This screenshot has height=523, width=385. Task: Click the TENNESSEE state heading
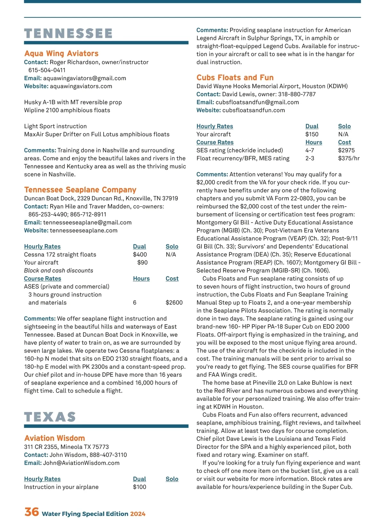[68, 33]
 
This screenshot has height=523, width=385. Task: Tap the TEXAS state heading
[50, 417]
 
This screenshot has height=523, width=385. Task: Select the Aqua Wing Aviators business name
[61, 54]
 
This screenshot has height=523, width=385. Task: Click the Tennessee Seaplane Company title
[80, 190]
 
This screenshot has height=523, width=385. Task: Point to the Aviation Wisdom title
[55, 438]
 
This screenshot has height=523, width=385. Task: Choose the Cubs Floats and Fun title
[235, 78]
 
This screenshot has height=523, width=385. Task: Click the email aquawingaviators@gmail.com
[84, 78]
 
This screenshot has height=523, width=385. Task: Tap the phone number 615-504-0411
[47, 70]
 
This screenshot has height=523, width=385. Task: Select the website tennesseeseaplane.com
[83, 231]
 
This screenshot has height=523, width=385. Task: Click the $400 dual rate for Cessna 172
[140, 255]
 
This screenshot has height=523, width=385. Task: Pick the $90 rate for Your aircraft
[142, 263]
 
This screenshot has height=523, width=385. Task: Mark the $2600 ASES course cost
[174, 303]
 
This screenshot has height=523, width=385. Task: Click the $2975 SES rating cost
[346, 150]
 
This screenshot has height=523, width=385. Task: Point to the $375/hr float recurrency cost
[349, 158]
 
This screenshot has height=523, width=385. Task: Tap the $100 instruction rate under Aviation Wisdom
[140, 487]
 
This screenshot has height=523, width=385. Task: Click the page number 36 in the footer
[31, 512]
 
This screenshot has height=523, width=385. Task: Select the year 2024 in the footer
[138, 514]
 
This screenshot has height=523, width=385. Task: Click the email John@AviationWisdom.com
[81, 463]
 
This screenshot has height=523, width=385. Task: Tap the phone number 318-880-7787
[297, 94]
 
